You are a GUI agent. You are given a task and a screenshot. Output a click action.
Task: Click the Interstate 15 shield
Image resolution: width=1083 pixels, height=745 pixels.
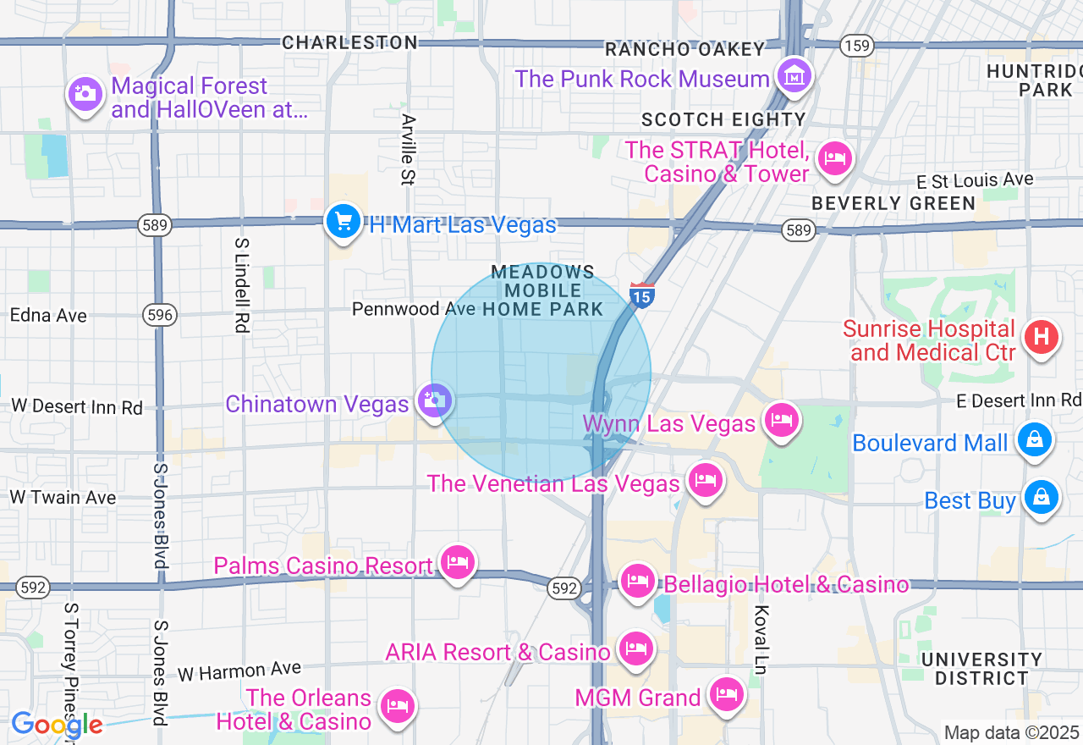pos(642,295)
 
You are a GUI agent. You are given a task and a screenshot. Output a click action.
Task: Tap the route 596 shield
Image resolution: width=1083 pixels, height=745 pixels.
pos(159,315)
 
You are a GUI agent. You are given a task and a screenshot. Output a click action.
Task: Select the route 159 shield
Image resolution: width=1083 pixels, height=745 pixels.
pos(857,46)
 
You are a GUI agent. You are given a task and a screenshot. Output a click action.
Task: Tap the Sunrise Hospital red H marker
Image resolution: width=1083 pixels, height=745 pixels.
pos(1042,338)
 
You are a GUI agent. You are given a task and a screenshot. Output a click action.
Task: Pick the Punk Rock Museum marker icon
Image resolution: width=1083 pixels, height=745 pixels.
pos(794,76)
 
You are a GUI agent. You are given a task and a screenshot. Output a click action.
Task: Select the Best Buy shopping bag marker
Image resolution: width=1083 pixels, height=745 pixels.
pos(1041,498)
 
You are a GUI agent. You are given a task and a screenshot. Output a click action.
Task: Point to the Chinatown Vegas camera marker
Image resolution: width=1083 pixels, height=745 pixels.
pos(435,400)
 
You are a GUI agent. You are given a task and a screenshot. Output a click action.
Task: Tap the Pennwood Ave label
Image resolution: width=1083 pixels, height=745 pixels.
pos(414,309)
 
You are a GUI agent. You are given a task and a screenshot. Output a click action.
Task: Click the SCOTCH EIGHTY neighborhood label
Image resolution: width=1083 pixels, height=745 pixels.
pos(723,119)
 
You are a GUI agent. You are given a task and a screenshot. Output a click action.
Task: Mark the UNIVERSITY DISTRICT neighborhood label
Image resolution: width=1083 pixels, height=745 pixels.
pos(981,668)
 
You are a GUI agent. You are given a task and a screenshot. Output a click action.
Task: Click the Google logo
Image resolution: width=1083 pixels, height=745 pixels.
pos(57,725)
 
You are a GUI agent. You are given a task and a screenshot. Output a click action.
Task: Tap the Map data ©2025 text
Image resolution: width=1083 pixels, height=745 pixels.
pos(1011,732)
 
